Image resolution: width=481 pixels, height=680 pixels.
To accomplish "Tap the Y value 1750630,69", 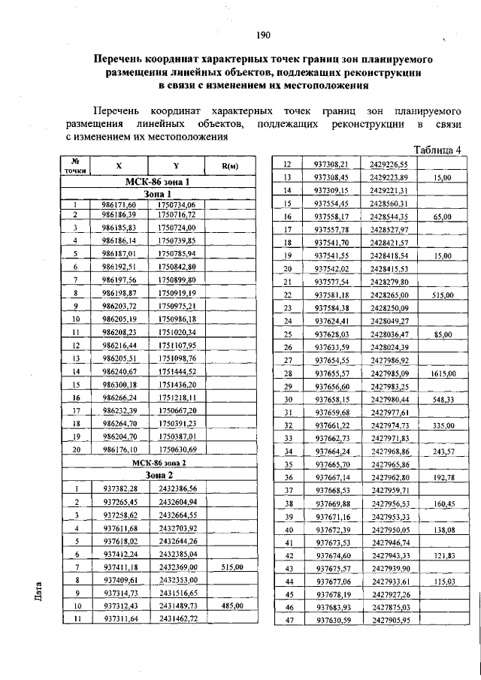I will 177,449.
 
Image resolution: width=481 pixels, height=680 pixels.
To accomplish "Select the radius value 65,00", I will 442,216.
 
